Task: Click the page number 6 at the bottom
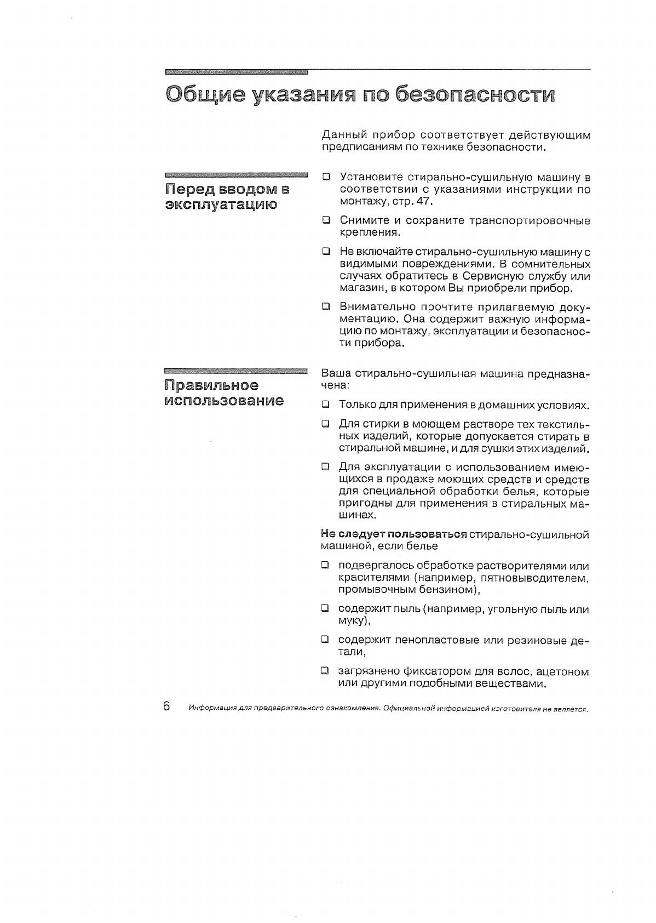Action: [166, 705]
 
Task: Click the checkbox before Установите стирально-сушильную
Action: [326, 177]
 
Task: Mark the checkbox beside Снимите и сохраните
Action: [326, 220]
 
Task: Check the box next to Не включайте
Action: [326, 252]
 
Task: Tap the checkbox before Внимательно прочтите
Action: [326, 306]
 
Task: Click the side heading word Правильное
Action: [212, 385]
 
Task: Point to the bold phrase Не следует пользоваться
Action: [393, 534]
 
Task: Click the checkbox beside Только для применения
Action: [326, 405]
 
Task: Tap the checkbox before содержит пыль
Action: [325, 608]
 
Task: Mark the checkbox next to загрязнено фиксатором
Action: [325, 671]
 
